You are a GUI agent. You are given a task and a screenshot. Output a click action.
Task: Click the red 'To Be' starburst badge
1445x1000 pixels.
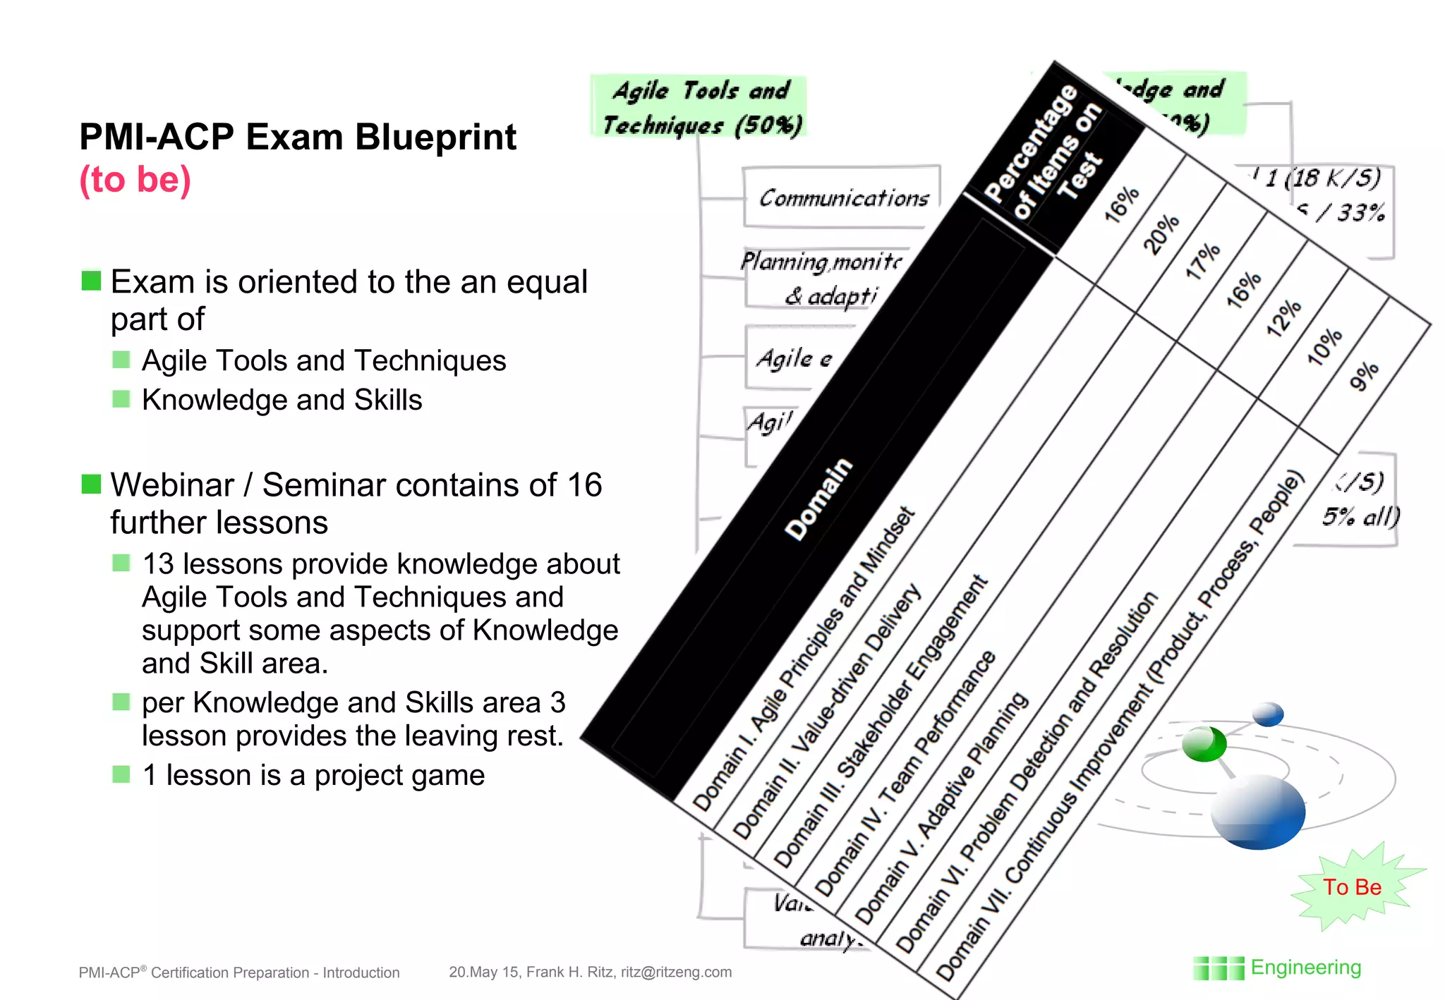pos(1352,887)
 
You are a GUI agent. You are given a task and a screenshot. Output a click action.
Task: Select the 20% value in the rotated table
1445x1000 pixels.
pos(1161,233)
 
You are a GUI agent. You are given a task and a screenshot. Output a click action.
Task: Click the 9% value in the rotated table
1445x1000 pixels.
pos(1364,375)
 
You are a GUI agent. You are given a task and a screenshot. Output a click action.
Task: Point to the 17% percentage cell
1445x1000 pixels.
pos(1202,261)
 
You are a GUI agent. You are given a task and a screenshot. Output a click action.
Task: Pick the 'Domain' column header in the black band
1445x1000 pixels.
pos(818,499)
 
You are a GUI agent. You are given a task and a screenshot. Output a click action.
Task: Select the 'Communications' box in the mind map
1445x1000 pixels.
pos(843,197)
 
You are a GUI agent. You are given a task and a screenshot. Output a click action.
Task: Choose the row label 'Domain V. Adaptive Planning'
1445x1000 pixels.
pos(942,807)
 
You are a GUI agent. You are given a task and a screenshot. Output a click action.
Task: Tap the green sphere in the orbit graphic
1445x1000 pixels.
pos(1204,743)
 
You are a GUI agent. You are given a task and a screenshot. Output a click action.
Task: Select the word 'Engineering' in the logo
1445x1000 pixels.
pos(1305,968)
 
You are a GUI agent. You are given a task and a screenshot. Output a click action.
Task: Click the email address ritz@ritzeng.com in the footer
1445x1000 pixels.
pos(676,972)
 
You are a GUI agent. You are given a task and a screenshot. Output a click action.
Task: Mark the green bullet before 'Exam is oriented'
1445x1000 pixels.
pos(91,281)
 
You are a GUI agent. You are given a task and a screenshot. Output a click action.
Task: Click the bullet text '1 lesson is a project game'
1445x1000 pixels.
pos(313,775)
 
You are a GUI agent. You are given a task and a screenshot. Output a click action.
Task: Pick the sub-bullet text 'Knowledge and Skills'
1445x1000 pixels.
pos(282,400)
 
